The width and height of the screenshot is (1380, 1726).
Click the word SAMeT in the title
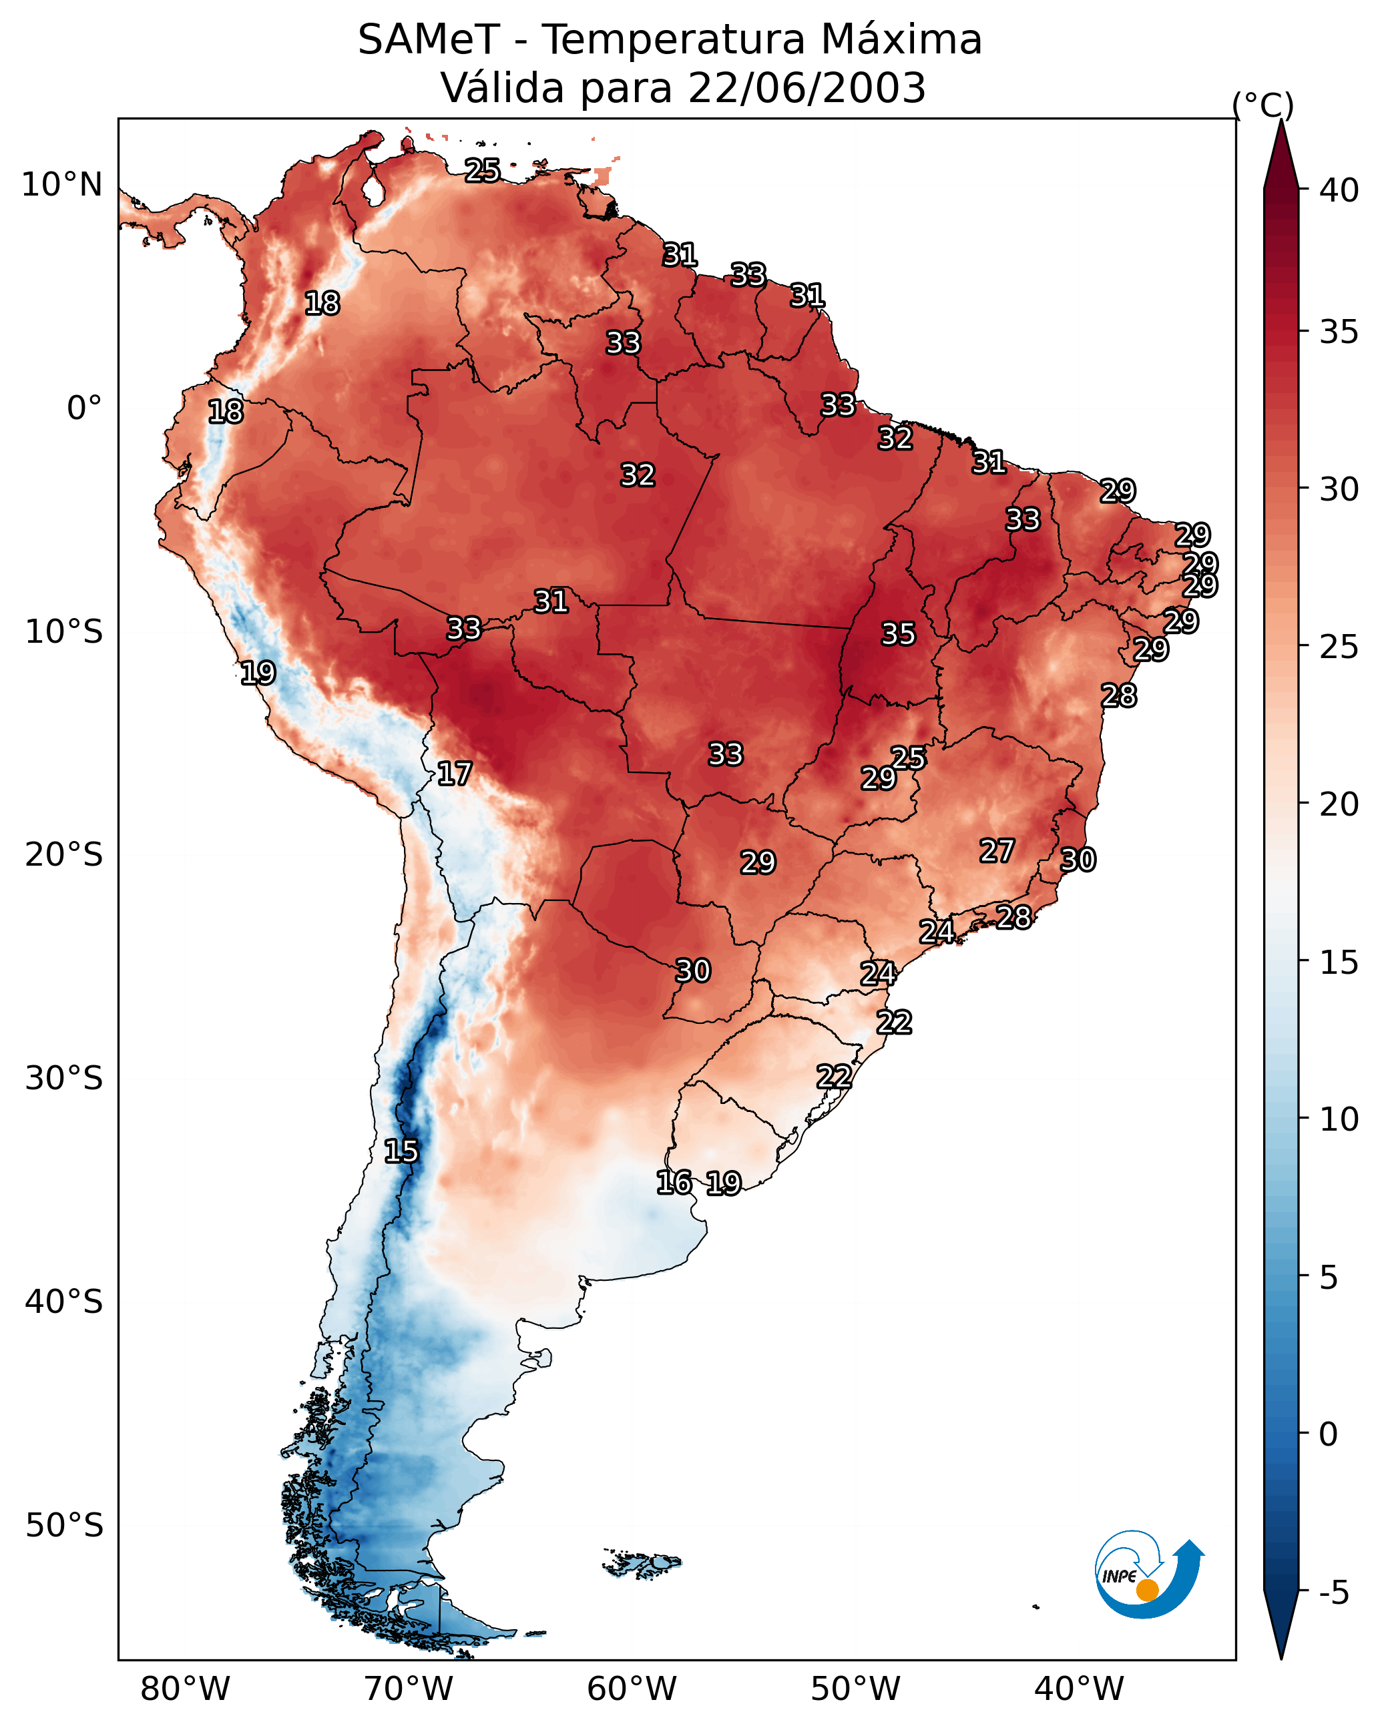(x=429, y=40)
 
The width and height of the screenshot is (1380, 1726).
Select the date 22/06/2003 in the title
(x=807, y=88)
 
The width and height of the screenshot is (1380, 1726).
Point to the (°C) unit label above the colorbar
(x=1263, y=105)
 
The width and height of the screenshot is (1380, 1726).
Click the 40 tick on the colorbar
(x=1339, y=190)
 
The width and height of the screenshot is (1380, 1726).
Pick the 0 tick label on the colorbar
(x=1329, y=1434)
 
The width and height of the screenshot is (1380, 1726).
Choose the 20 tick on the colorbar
(x=1339, y=804)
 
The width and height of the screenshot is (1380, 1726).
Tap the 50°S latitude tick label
(x=64, y=1526)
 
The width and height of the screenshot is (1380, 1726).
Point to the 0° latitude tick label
(x=85, y=408)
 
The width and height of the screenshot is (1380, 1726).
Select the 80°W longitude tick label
(x=185, y=1689)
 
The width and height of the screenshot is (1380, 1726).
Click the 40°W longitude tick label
(x=1079, y=1689)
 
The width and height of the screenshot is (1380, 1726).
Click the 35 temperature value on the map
(x=898, y=634)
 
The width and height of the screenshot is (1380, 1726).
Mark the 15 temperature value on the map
(x=401, y=1151)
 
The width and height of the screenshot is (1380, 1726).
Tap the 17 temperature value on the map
(x=454, y=774)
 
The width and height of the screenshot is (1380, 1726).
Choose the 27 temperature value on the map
(x=997, y=851)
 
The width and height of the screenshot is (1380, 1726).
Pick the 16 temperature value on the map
(x=674, y=1183)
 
